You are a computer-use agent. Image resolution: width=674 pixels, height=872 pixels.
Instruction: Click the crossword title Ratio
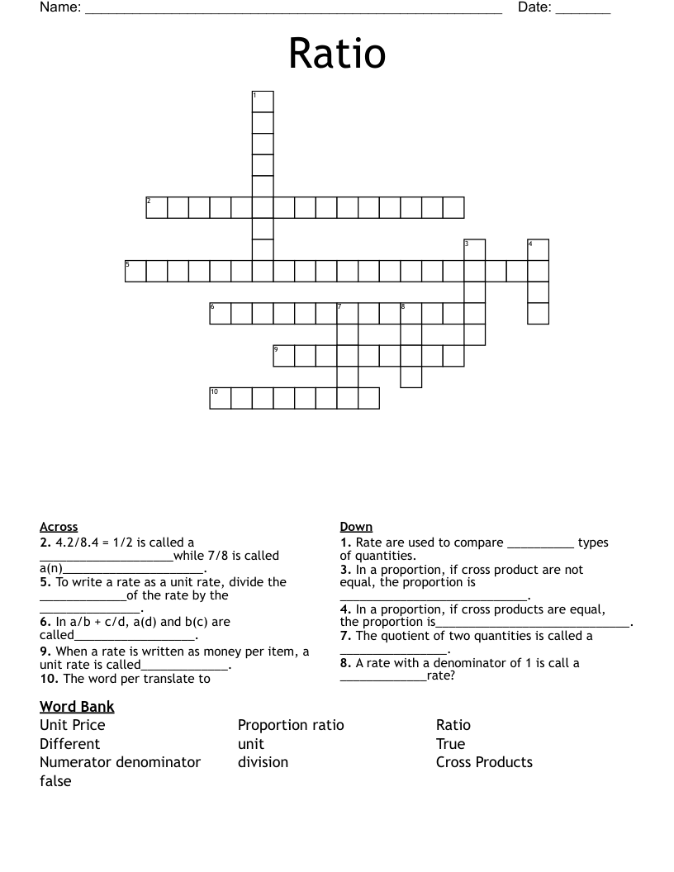(337, 54)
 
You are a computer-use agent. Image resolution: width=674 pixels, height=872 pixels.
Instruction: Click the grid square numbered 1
(263, 102)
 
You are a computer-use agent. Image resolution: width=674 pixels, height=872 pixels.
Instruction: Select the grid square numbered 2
(157, 207)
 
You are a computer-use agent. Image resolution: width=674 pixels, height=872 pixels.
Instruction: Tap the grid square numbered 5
(135, 271)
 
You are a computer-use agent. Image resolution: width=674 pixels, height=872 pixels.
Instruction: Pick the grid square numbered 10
(220, 398)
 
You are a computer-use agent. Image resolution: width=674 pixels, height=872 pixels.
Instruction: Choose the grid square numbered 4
(538, 249)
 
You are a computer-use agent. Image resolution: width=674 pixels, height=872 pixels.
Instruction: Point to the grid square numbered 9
(283, 355)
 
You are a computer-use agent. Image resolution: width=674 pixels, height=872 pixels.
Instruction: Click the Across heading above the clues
(59, 527)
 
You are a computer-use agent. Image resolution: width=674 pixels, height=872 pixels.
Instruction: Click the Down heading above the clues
(356, 527)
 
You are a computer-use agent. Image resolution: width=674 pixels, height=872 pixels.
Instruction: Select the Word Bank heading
(77, 707)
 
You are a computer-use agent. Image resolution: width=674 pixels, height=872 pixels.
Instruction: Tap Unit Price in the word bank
(73, 725)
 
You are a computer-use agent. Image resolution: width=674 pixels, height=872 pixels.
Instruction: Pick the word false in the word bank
(55, 781)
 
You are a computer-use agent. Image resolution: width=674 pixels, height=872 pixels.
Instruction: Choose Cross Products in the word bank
(484, 762)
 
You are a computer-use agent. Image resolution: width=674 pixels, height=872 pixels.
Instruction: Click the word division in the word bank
(263, 762)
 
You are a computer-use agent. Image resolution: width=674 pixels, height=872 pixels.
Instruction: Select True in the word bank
(450, 744)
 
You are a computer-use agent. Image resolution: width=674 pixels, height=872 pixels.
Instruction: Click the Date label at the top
(534, 8)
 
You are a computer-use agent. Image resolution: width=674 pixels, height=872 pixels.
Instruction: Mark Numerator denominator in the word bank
(120, 762)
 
